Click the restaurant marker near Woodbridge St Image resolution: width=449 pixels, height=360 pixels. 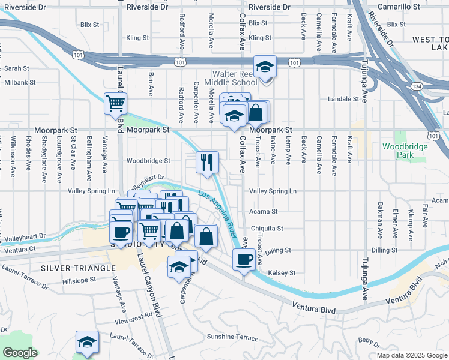pos(207,161)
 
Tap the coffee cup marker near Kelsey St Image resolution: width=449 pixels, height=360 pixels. pos(243,260)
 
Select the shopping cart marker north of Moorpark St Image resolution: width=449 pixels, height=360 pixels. pos(115,103)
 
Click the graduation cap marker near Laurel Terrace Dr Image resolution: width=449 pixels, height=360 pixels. pos(86,342)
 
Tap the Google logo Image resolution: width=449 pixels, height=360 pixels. pos(20,353)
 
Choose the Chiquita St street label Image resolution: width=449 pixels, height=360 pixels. pos(267,229)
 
